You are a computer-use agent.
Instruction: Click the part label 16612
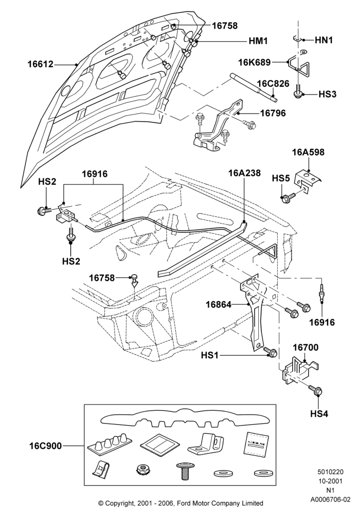pyautogui.click(x=40, y=64)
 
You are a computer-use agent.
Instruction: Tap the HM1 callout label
pyautogui.click(x=258, y=41)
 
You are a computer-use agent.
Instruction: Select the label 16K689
pyautogui.click(x=255, y=62)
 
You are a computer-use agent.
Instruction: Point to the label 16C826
pyautogui.click(x=273, y=84)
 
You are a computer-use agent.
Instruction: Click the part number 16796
pyautogui.click(x=273, y=113)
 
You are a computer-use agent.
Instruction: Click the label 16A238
pyautogui.click(x=245, y=173)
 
